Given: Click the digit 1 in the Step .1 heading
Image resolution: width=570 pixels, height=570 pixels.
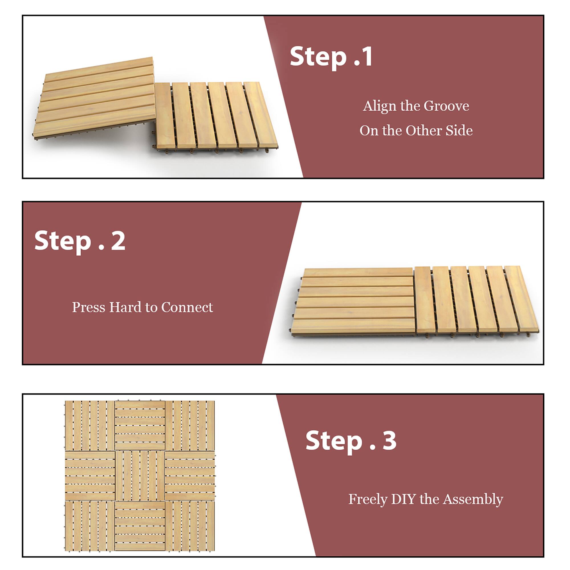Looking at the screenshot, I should [367, 57].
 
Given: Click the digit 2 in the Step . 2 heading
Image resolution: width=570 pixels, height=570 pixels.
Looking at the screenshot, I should [118, 241].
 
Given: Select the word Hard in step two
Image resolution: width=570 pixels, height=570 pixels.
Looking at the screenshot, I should [126, 308].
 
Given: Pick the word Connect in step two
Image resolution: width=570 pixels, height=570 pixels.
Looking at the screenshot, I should [187, 308].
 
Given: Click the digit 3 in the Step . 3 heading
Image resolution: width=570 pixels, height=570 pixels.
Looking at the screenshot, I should [389, 441].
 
